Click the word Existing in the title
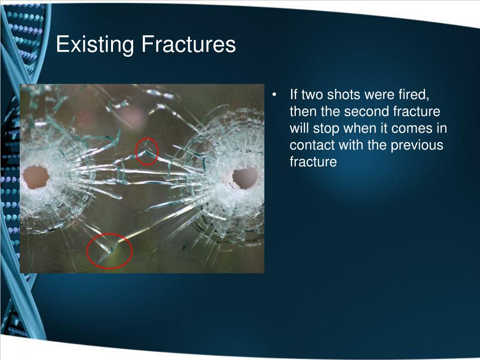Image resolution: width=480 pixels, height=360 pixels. click(x=95, y=45)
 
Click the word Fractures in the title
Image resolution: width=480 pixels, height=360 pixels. click(x=188, y=44)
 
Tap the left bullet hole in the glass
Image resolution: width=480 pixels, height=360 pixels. click(x=36, y=177)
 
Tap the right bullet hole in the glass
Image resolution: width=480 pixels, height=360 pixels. click(x=245, y=178)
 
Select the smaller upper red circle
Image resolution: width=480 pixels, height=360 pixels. click(x=135, y=151)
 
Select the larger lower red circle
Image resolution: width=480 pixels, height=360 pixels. click(x=87, y=251)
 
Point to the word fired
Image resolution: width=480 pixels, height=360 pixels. click(x=414, y=95)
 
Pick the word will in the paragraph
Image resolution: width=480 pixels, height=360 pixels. click(x=300, y=128)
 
